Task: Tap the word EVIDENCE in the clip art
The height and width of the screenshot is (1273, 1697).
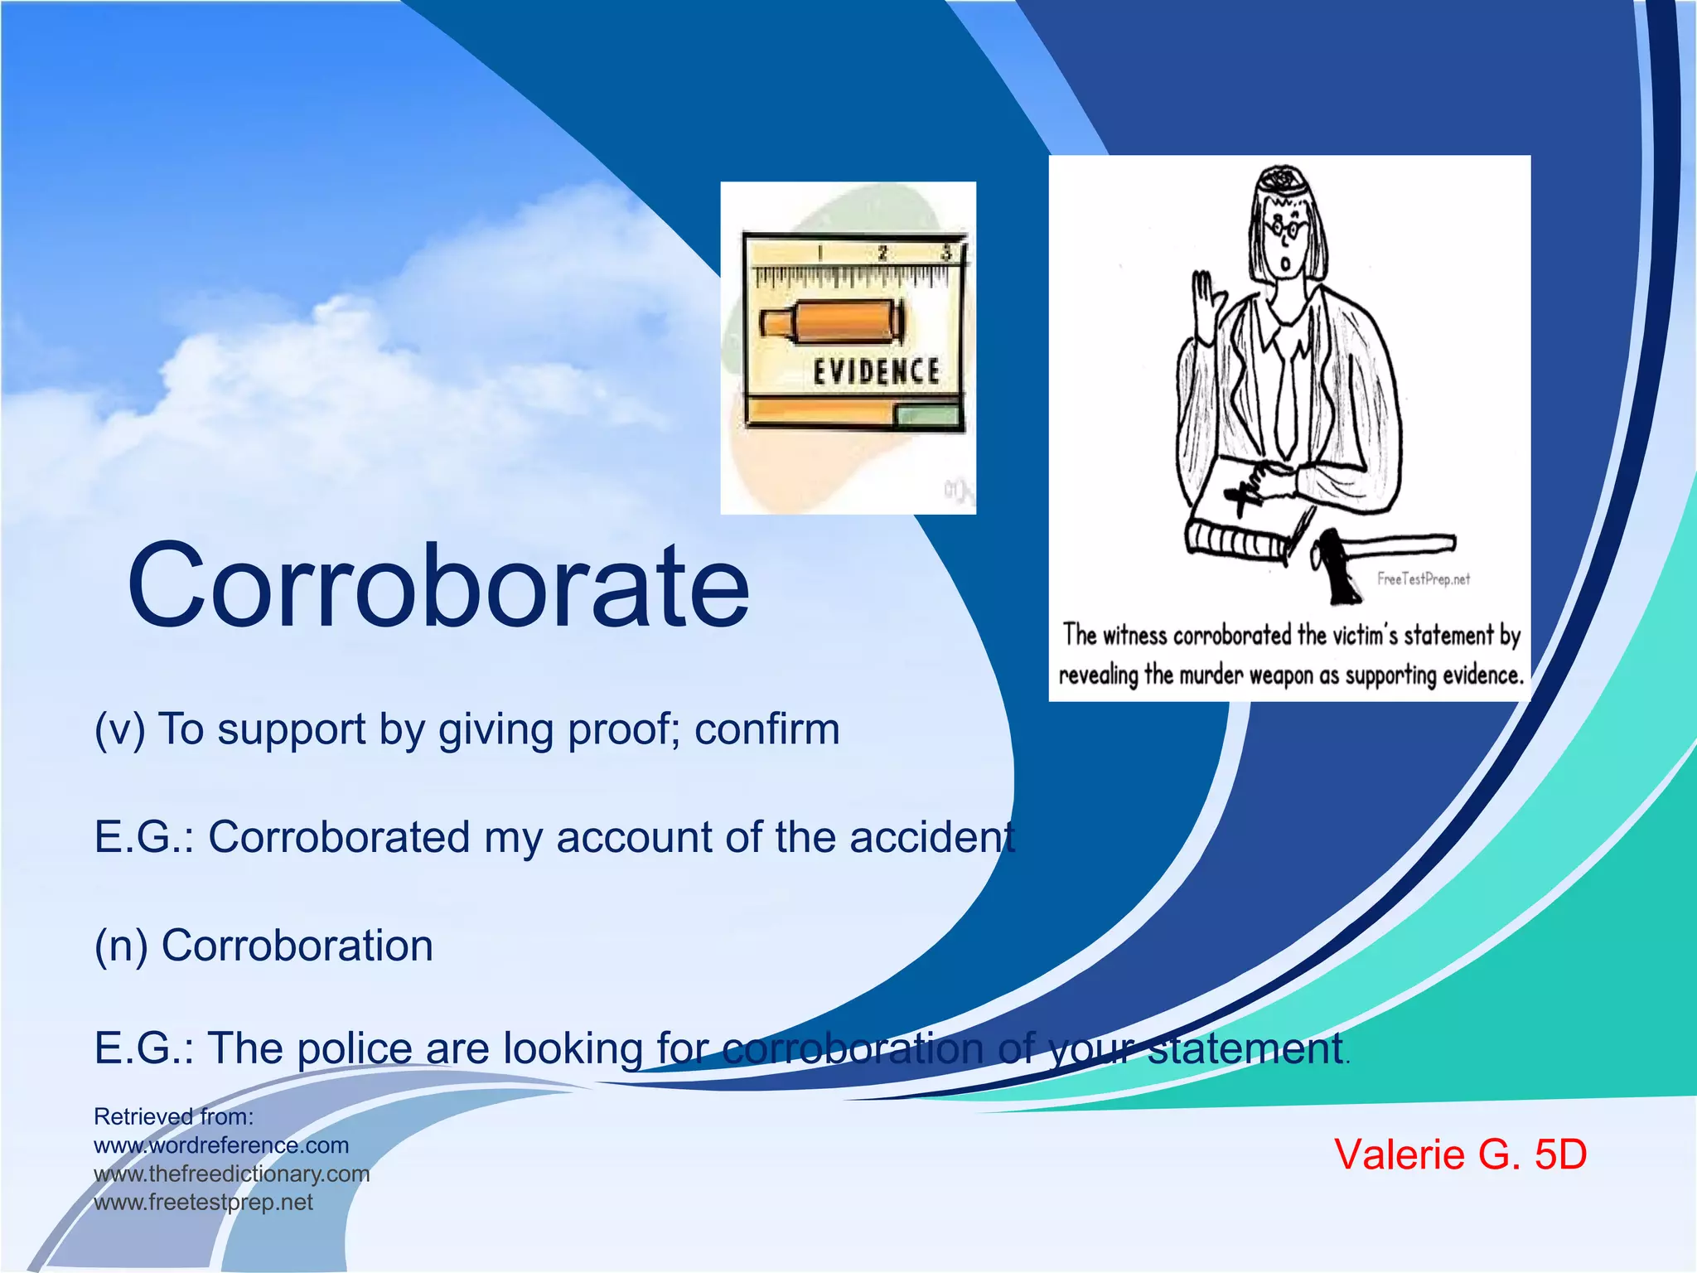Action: tap(876, 372)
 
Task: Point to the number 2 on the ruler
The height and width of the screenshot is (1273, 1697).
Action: tap(882, 254)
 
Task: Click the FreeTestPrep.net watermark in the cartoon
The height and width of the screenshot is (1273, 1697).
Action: tap(1423, 579)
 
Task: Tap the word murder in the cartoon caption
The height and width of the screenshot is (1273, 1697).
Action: tap(1211, 675)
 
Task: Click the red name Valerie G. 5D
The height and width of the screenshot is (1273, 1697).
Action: tap(1460, 1154)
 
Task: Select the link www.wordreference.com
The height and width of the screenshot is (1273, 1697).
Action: tap(221, 1145)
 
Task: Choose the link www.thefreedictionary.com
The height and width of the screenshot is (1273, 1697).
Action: tap(231, 1174)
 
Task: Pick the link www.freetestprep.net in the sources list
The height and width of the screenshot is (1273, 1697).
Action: tap(203, 1202)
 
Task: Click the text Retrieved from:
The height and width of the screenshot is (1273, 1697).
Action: tap(173, 1116)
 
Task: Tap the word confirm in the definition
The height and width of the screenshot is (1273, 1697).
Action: tap(766, 730)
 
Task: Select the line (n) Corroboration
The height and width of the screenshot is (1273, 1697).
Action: tap(263, 946)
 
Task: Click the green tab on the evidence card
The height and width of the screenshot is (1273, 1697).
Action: tap(928, 414)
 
